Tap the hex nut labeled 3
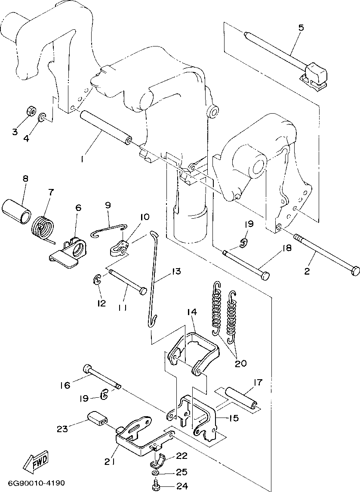point(30,111)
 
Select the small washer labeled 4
point(42,118)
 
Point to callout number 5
point(301,28)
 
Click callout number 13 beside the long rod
point(176,271)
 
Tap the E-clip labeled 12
point(97,280)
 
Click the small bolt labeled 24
point(155,487)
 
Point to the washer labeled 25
point(155,473)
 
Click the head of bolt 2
point(355,270)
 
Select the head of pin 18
point(265,276)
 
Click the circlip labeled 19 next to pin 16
point(104,394)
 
